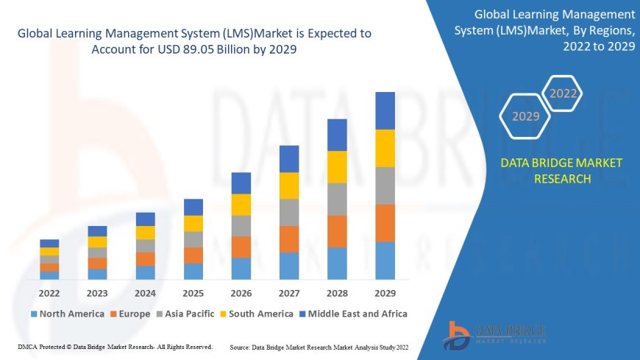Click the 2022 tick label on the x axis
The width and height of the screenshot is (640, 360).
pos(49,292)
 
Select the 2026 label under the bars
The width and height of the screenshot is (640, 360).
pos(241,292)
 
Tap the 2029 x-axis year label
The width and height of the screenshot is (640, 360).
pos(385,292)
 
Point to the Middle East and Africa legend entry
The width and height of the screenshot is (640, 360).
pos(355,314)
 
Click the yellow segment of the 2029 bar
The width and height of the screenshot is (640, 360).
pos(385,148)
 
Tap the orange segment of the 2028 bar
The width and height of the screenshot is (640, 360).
pos(337,231)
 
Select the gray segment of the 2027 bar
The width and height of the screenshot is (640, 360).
pos(289,212)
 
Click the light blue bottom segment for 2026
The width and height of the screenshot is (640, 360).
pos(241,268)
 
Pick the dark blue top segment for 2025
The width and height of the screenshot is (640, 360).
pos(193,207)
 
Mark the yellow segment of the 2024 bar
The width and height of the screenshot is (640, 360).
pos(146,233)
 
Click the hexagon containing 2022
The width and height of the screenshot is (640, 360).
pos(563,93)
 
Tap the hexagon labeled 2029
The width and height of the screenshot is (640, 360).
pos(525,116)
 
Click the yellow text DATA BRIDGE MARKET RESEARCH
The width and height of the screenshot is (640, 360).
pos(561,171)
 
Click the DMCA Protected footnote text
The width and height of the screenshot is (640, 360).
pos(113,347)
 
